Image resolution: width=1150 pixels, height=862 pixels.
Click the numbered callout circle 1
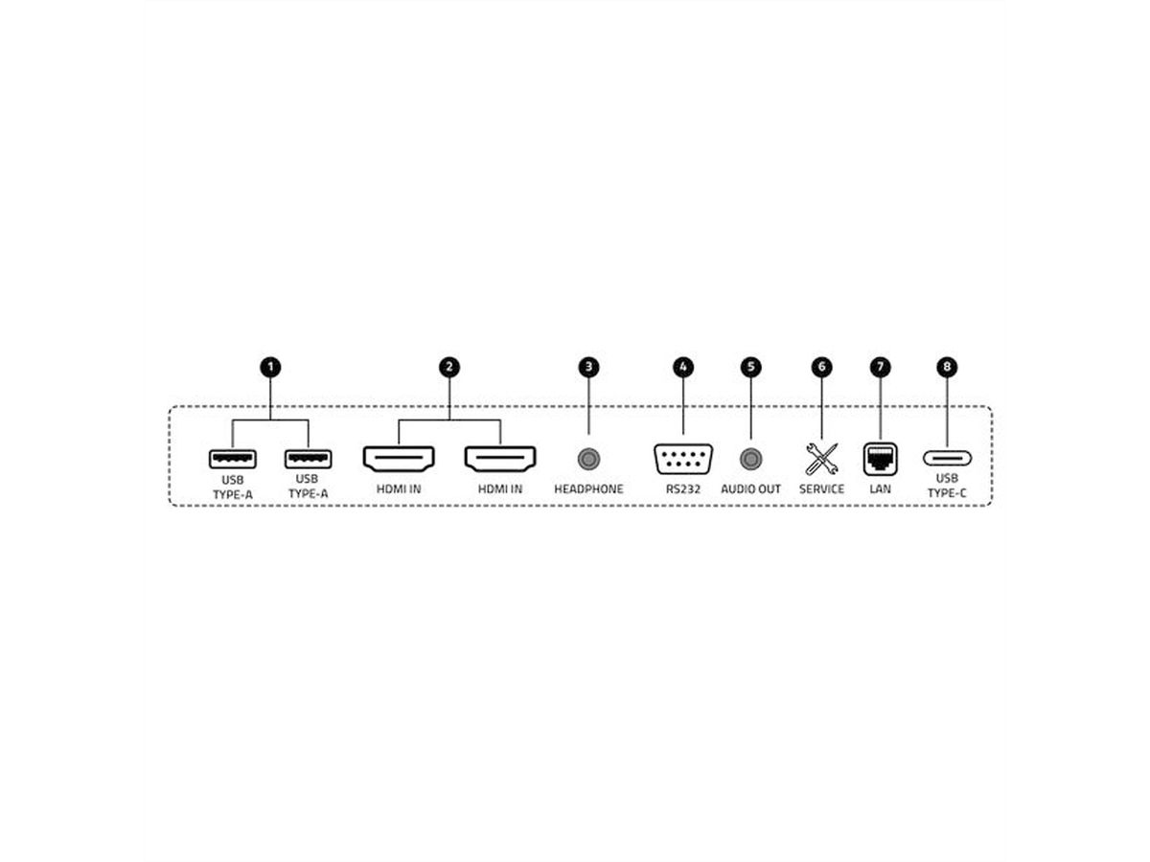coord(270,367)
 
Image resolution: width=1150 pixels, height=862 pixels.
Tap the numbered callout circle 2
coord(449,367)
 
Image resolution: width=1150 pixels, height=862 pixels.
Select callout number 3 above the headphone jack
coord(588,367)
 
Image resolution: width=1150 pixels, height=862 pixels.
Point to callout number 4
coord(683,367)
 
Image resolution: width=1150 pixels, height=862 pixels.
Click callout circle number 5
coord(750,367)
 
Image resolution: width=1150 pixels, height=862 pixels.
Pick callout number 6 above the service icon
coord(821,367)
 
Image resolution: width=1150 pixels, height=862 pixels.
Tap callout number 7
coord(880,367)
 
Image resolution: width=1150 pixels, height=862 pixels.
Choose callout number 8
coord(947,367)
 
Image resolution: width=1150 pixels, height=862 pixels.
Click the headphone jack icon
coord(588,459)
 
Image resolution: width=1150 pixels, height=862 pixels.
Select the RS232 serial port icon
coord(683,459)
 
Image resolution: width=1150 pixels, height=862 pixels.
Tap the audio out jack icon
coord(750,459)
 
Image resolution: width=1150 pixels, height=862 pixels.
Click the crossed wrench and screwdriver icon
coord(821,459)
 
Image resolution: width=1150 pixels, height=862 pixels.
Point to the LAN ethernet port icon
coord(880,459)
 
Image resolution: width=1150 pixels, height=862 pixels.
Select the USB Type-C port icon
coord(947,459)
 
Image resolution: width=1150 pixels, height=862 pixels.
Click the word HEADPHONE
coord(588,488)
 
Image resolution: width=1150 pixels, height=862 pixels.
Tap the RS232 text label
coord(683,488)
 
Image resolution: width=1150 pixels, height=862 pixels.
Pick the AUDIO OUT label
coord(750,488)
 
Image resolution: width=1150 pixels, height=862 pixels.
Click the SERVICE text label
coord(821,488)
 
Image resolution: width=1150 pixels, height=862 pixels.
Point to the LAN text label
coord(880,488)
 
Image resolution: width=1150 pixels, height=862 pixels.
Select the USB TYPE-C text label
coord(947,486)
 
